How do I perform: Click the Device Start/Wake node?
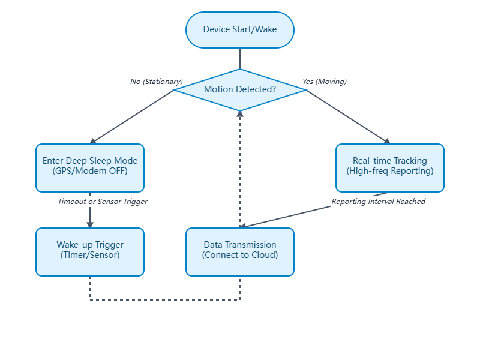240,29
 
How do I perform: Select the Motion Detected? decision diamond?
240,90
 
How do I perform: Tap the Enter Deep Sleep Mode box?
90,161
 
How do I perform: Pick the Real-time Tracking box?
390,161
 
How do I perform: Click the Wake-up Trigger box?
90,245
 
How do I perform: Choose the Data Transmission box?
240,245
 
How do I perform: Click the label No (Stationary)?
157,82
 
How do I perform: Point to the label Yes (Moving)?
325,82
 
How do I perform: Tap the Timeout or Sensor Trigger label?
103,202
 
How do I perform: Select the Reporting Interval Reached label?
379,202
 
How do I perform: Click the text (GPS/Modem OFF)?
90,171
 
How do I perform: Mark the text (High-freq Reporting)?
390,171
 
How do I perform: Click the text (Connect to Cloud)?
240,255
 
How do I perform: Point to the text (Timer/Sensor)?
90,255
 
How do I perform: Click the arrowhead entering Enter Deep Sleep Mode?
93,142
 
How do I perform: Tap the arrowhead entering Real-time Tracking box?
387,142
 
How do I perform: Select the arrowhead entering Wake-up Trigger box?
90,224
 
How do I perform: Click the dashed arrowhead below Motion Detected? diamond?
240,114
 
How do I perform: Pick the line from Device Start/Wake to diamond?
240,58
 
